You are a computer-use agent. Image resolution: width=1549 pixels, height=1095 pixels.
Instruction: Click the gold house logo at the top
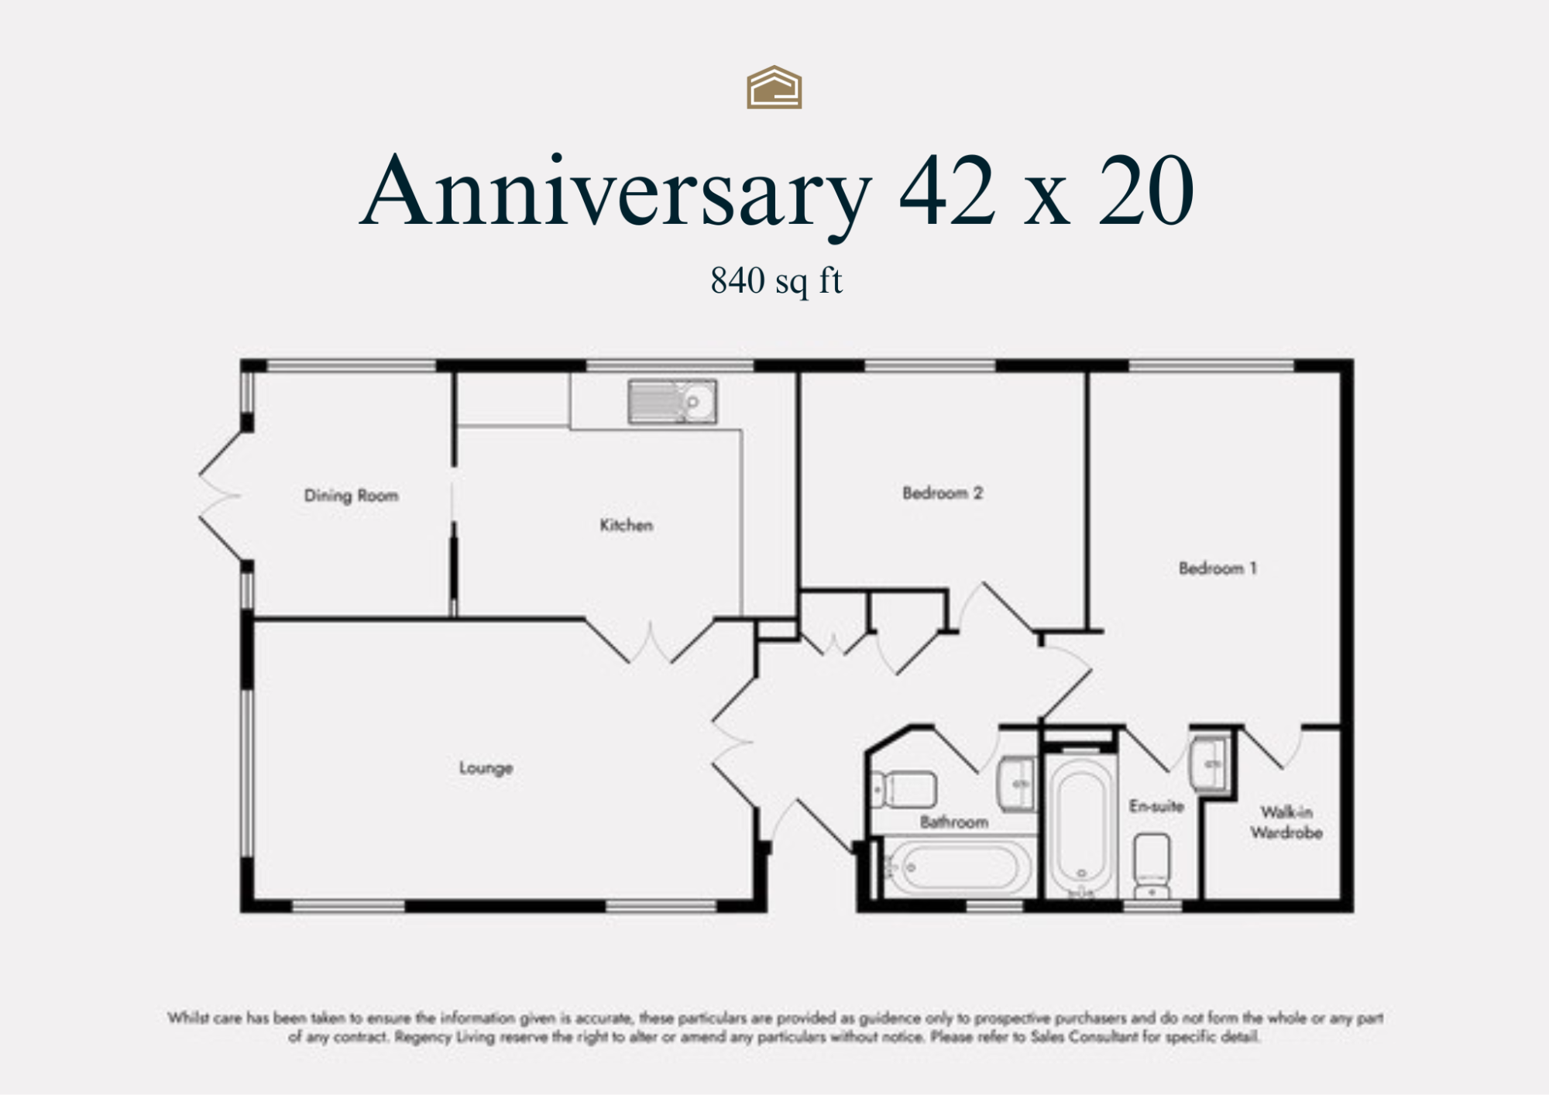click(774, 88)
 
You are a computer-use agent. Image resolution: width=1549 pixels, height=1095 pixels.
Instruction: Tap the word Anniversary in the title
click(616, 192)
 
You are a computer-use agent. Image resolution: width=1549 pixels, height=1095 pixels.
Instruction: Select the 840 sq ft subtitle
click(776, 281)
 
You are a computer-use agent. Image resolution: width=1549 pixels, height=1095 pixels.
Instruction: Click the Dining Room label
click(351, 496)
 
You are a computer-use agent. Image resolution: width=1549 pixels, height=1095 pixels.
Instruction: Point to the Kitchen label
click(626, 525)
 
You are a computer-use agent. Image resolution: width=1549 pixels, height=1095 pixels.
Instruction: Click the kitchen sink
click(672, 401)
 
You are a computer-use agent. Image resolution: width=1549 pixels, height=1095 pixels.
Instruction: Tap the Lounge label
click(486, 768)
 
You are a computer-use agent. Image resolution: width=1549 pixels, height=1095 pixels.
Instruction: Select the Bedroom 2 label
click(942, 493)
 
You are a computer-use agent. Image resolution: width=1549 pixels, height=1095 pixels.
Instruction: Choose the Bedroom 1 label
click(1218, 568)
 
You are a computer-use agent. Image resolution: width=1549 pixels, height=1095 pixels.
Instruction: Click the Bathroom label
click(953, 822)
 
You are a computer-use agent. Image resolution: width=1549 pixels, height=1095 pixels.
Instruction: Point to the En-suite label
click(1156, 806)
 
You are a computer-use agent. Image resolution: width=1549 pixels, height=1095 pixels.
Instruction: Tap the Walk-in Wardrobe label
click(1286, 822)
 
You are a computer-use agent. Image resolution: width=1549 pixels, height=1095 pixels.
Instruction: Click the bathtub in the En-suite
click(1081, 826)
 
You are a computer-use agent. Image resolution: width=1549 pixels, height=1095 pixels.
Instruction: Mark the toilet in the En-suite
click(1152, 864)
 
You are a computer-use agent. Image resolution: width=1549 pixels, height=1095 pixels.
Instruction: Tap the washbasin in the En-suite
click(1209, 764)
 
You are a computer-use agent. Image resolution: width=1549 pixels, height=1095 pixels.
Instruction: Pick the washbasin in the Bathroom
click(1016, 784)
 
